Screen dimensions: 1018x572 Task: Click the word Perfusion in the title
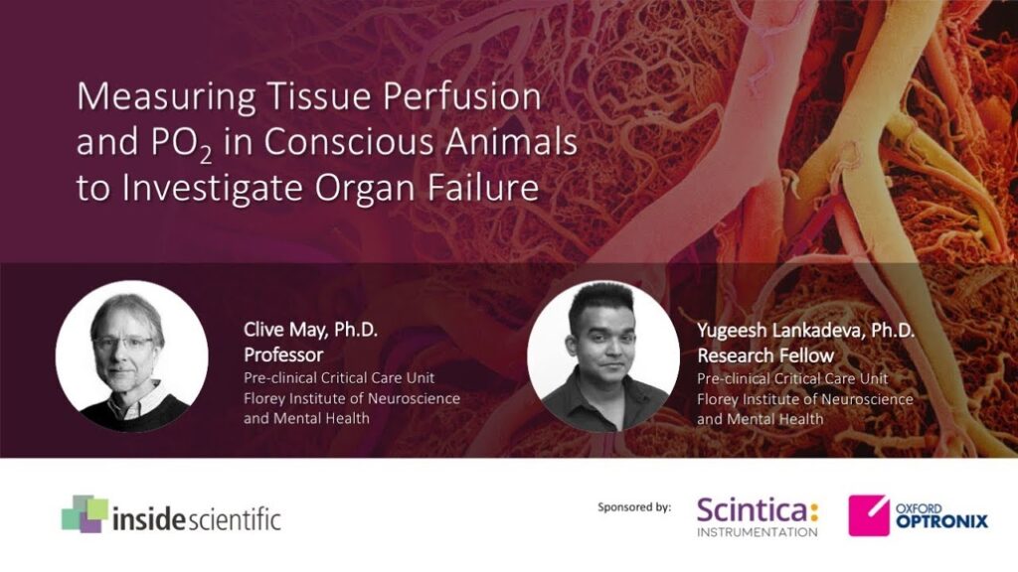[x=461, y=96]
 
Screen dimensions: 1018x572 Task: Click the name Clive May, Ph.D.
[x=310, y=330]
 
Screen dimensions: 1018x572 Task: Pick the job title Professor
[x=283, y=355]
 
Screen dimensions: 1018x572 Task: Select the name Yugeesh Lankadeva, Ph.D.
[x=805, y=330]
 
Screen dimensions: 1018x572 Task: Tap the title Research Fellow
[x=765, y=356]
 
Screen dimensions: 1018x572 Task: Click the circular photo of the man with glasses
[x=132, y=357]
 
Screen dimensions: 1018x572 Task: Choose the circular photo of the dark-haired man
[x=603, y=357]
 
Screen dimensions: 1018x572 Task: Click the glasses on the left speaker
[x=124, y=343]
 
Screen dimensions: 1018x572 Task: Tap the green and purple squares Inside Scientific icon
[x=85, y=513]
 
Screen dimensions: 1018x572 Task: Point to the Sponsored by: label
[x=634, y=507]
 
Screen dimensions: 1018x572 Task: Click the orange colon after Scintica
[x=813, y=511]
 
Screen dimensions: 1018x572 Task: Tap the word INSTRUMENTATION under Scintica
[x=757, y=532]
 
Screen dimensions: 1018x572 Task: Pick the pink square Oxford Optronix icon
[x=869, y=515]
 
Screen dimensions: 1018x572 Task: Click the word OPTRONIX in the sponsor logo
[x=941, y=520]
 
